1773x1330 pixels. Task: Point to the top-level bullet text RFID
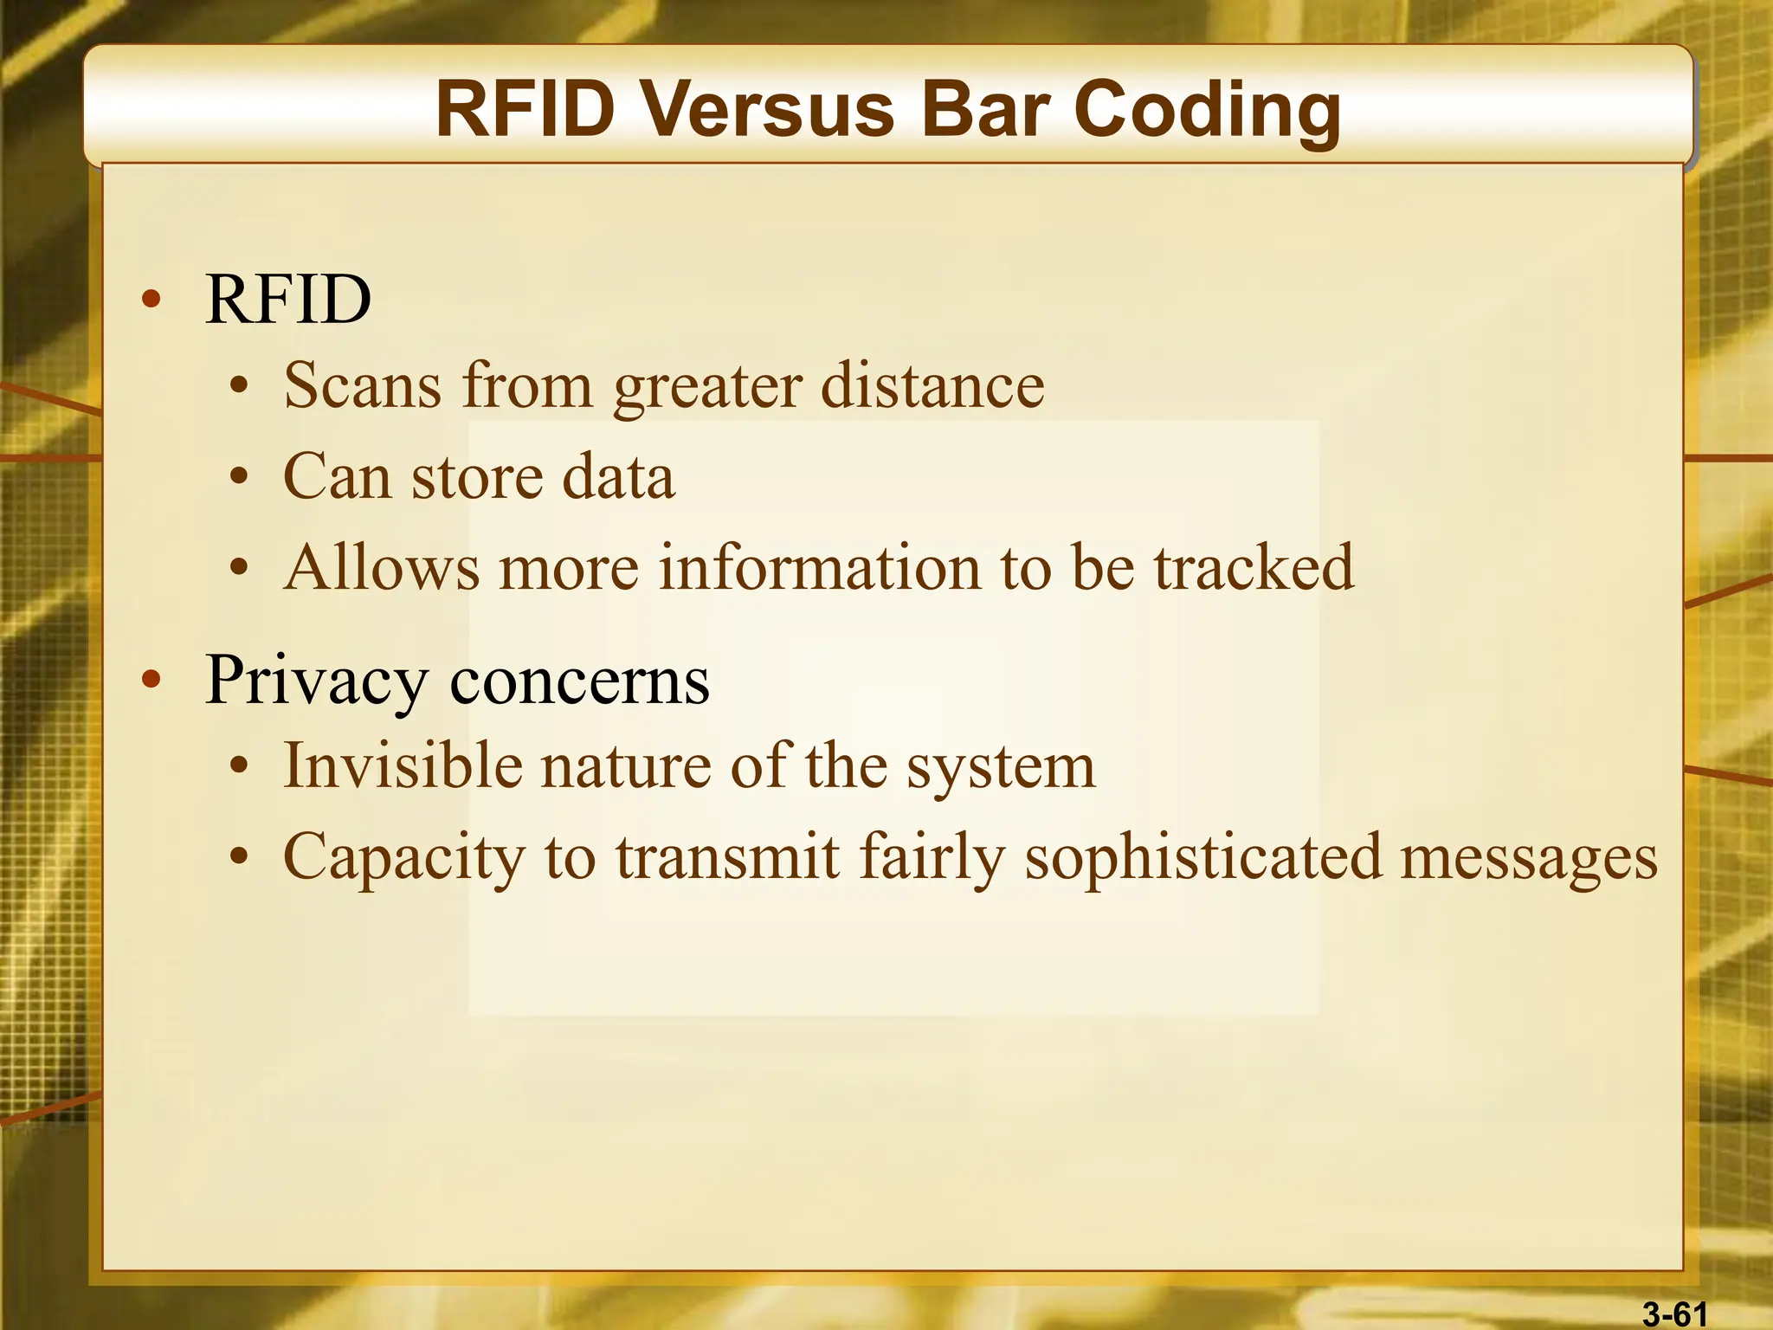click(287, 300)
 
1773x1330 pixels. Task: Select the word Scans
click(362, 385)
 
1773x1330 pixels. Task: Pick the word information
click(820, 568)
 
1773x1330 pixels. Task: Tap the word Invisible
click(403, 766)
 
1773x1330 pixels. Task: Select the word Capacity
click(403, 858)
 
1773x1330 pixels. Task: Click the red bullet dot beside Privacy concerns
click(152, 681)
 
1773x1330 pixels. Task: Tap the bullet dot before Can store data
click(239, 477)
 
